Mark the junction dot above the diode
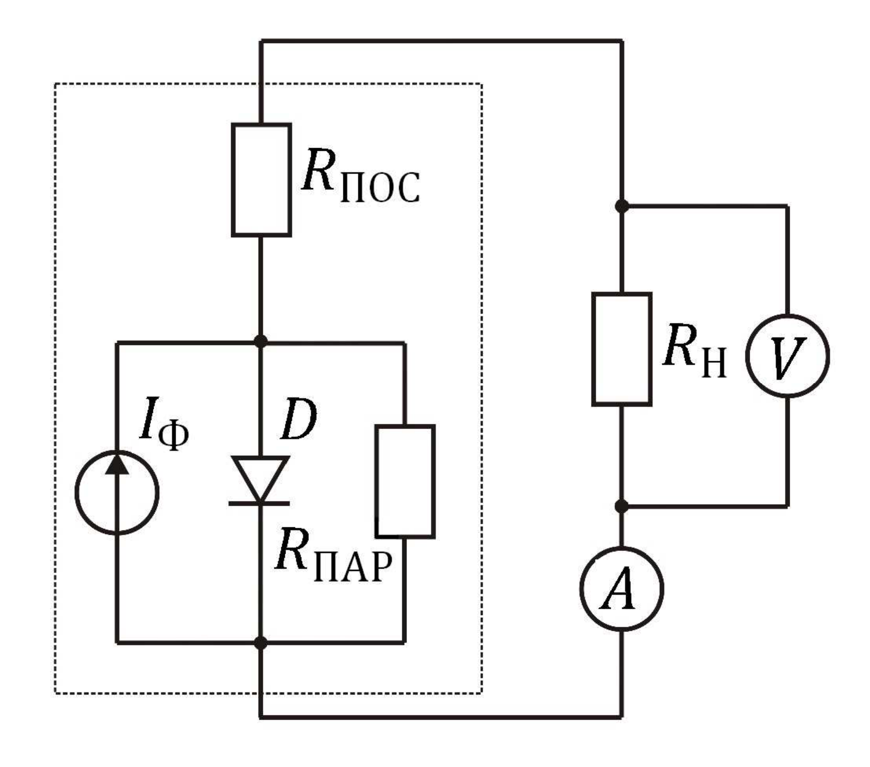tap(260, 342)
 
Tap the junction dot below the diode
tap(260, 642)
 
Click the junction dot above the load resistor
tap(622, 206)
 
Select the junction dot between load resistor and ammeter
tap(622, 506)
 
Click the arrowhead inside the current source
tap(117, 463)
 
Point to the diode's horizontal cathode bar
tap(259, 503)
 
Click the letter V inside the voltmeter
tap(787, 356)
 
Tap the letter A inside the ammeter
tap(620, 589)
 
